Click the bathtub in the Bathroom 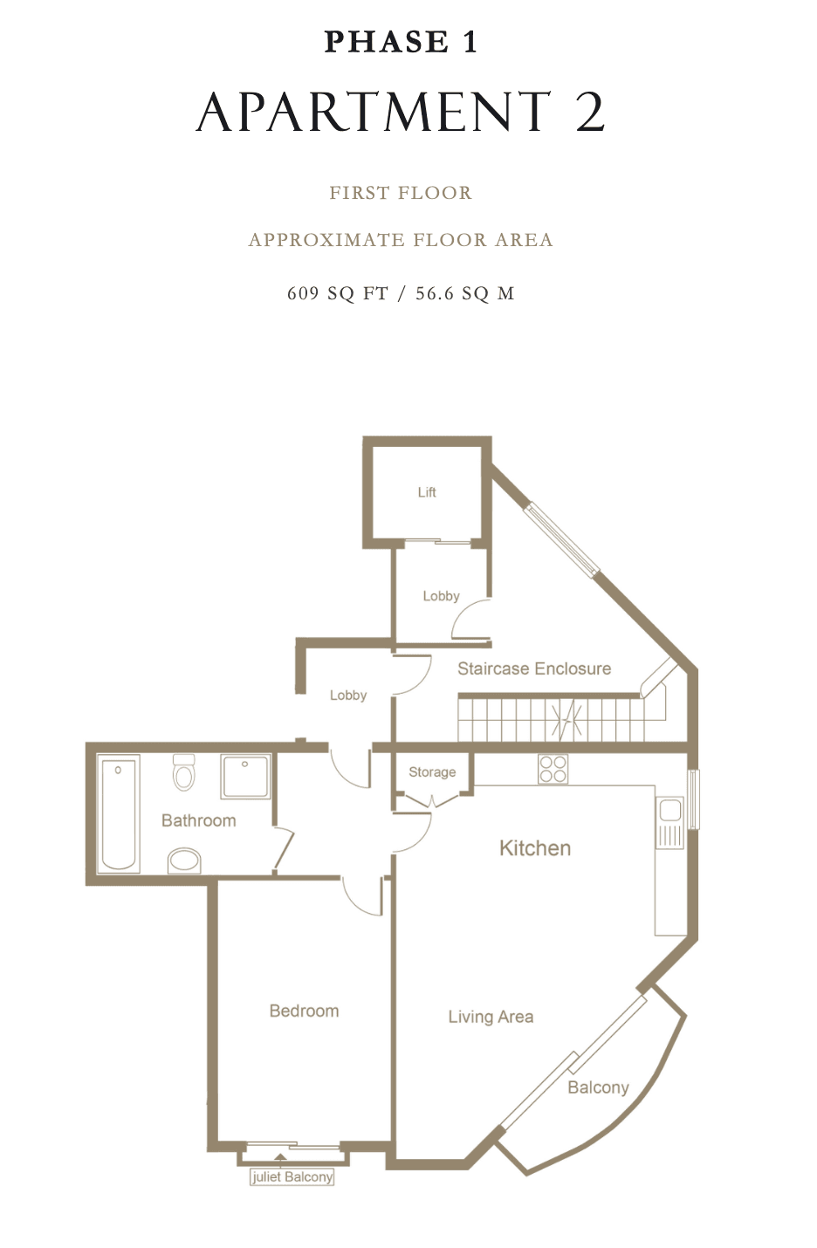(x=118, y=813)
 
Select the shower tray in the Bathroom (x=246, y=777)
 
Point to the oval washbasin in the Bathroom (x=184, y=861)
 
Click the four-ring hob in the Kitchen (x=553, y=769)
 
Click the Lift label (x=427, y=492)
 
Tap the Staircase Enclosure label (x=534, y=668)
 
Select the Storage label (x=432, y=772)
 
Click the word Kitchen (x=535, y=848)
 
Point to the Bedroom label (x=304, y=1011)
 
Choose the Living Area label (x=491, y=1017)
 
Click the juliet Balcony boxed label (x=292, y=1176)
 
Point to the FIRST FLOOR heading (x=401, y=193)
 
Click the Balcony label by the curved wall (x=598, y=1087)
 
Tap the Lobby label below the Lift (x=441, y=596)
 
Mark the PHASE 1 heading (x=401, y=42)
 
